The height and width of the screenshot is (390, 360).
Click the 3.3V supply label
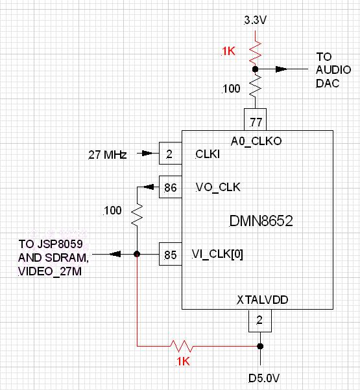(256, 20)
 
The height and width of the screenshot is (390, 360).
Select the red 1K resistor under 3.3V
(255, 52)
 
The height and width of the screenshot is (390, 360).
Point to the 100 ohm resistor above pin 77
(255, 86)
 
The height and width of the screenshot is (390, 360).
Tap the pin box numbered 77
(255, 119)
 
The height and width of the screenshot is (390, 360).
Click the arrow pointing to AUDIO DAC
(282, 69)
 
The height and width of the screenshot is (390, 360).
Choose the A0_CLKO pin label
(256, 141)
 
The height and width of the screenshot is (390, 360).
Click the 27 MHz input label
(108, 155)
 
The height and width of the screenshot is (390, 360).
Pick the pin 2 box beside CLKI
(171, 153)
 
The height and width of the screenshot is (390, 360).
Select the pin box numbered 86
(171, 187)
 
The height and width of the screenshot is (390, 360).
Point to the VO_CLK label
(218, 187)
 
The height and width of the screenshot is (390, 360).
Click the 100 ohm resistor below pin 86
(137, 215)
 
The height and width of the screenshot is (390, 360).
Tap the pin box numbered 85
(171, 254)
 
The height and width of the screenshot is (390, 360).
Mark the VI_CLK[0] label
(217, 254)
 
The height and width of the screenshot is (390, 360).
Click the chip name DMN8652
(261, 221)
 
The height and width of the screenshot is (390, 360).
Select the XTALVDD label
(263, 300)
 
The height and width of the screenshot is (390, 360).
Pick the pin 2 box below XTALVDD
(260, 321)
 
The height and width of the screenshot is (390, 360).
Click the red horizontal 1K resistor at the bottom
(181, 346)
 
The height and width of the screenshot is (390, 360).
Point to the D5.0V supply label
(264, 378)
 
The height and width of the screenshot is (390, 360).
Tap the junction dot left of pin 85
(137, 254)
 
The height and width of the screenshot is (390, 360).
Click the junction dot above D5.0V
(260, 346)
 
